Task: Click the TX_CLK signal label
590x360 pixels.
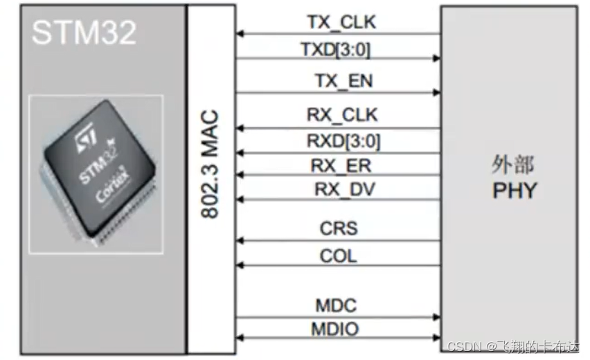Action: point(341,22)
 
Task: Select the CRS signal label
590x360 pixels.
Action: point(339,228)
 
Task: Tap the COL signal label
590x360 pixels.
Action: point(339,256)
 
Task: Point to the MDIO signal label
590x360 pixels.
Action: point(337,328)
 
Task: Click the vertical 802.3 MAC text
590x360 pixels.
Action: point(210,163)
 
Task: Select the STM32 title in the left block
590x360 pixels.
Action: point(84,33)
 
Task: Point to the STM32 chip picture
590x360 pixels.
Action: point(96,169)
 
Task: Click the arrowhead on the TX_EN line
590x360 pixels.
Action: point(436,92)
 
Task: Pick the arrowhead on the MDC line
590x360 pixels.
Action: point(436,317)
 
